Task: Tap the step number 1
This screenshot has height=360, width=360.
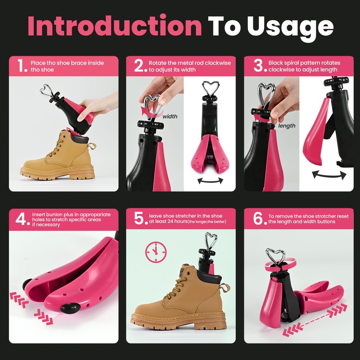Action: tap(21, 66)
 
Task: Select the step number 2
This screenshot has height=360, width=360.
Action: tap(140, 66)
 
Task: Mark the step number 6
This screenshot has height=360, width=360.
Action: tap(258, 219)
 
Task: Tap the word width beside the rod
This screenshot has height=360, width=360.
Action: tap(170, 117)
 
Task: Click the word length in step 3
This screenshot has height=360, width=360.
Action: tap(287, 126)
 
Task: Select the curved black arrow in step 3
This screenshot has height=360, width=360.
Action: tap(326, 174)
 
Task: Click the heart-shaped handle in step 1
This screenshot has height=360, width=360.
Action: tap(46, 90)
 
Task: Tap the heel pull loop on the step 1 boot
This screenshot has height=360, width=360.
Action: tap(91, 147)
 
